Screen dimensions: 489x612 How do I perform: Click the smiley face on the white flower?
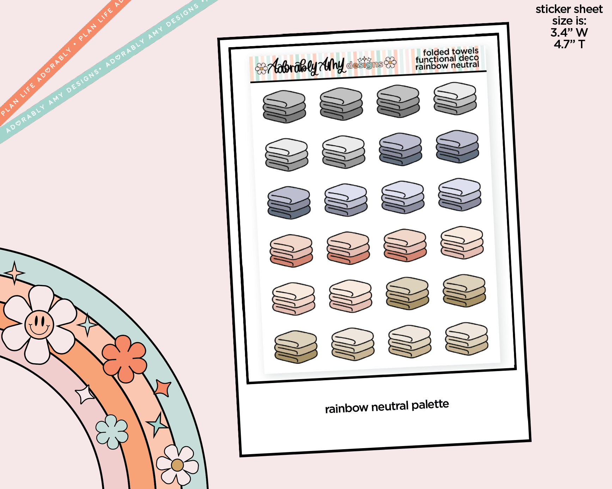(x=39, y=324)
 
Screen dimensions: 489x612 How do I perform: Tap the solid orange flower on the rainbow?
(x=124, y=358)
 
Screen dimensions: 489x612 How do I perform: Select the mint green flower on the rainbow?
(x=112, y=431)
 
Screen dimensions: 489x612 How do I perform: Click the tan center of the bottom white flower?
(x=177, y=465)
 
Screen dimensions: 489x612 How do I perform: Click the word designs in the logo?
(x=365, y=65)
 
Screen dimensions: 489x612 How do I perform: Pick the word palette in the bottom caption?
(x=430, y=405)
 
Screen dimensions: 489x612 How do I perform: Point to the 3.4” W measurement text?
(x=569, y=33)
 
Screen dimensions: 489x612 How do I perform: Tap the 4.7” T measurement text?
(x=569, y=44)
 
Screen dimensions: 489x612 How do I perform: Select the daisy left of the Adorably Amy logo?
(x=261, y=69)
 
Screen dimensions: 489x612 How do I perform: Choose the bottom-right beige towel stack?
(x=466, y=339)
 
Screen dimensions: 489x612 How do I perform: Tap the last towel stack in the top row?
(x=455, y=99)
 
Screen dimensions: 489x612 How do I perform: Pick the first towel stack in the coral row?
(x=291, y=250)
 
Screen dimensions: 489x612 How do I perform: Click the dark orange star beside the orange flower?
(x=163, y=388)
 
